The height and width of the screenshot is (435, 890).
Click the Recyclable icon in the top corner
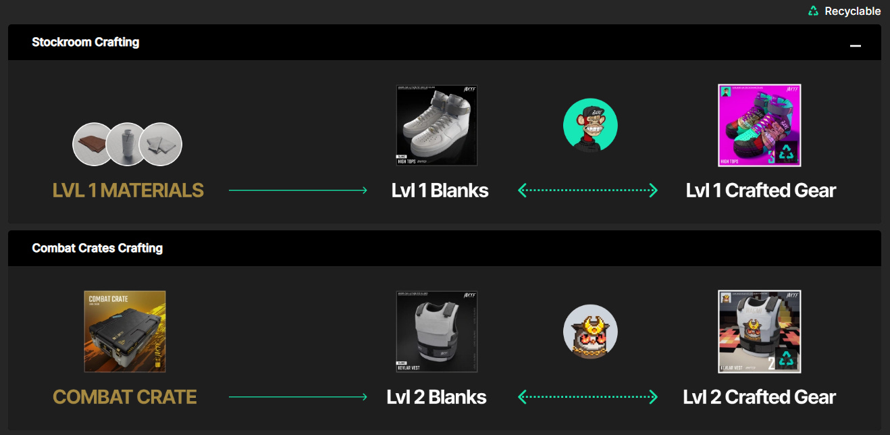pyautogui.click(x=813, y=11)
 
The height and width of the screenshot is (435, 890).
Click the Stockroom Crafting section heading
pyautogui.click(x=85, y=42)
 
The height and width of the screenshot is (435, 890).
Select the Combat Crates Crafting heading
pyautogui.click(x=97, y=248)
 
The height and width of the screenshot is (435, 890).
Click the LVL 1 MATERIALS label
pyautogui.click(x=128, y=190)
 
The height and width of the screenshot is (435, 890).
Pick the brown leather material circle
pyautogui.click(x=93, y=144)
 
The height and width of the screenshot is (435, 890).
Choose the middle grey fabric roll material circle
pyautogui.click(x=127, y=144)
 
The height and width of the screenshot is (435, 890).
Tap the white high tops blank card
pyautogui.click(x=437, y=125)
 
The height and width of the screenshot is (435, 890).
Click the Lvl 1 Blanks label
pyautogui.click(x=440, y=190)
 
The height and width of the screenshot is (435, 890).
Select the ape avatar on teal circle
pyautogui.click(x=590, y=126)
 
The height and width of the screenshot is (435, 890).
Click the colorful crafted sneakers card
pyautogui.click(x=759, y=125)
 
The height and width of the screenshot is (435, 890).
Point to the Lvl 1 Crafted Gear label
pyautogui.click(x=760, y=190)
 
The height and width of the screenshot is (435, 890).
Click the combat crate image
pyautogui.click(x=125, y=331)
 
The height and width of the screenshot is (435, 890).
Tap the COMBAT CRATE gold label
pyautogui.click(x=125, y=396)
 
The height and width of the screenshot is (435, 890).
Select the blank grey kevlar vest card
pyautogui.click(x=437, y=331)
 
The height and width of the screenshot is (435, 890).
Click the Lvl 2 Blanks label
pyautogui.click(x=436, y=396)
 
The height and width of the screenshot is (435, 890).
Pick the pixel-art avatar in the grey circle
pyautogui.click(x=590, y=332)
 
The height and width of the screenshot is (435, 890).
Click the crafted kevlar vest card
pyautogui.click(x=759, y=331)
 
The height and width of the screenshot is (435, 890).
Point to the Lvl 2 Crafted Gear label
pyautogui.click(x=759, y=396)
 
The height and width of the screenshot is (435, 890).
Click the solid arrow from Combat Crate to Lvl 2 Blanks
pyautogui.click(x=298, y=396)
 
